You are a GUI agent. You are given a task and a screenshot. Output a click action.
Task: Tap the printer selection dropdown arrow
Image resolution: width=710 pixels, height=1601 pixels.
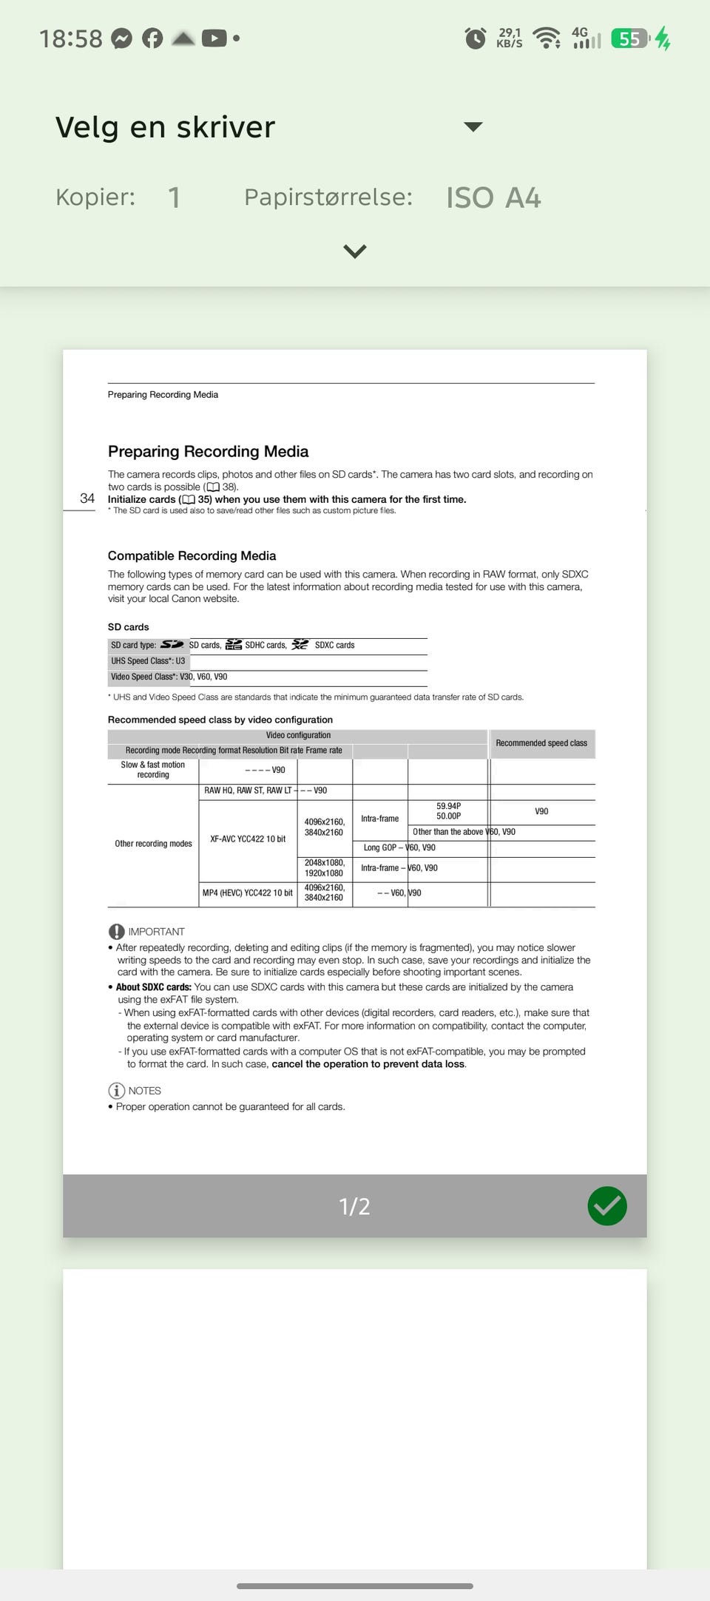tap(473, 126)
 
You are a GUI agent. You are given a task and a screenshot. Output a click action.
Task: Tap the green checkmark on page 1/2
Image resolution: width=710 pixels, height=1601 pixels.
tap(607, 1205)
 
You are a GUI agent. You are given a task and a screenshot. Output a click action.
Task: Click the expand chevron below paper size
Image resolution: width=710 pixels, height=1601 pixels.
tap(355, 251)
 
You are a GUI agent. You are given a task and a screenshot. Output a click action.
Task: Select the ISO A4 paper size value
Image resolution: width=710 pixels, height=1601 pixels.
tap(493, 197)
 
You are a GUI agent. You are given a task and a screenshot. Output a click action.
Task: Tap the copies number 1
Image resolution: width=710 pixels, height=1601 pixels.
tap(174, 197)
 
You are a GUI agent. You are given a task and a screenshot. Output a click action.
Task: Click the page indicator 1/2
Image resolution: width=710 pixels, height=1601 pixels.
tap(354, 1206)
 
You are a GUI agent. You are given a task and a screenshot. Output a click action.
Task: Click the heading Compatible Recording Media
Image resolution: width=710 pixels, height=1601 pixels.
tap(192, 555)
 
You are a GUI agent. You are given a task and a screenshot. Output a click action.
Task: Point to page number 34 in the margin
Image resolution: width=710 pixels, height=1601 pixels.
tap(87, 498)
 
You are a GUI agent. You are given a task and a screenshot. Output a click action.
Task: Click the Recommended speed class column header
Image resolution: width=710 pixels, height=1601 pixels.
tap(541, 743)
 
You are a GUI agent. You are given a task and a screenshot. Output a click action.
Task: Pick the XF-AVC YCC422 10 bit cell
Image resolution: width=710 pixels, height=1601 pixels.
tap(248, 839)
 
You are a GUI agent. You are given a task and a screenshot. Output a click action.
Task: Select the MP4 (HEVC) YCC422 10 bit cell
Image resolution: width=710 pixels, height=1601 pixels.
tap(248, 893)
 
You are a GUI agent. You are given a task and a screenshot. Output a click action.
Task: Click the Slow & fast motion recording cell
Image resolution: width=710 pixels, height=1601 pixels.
tap(153, 770)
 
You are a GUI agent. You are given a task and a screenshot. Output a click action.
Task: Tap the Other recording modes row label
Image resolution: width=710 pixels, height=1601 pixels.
tap(153, 844)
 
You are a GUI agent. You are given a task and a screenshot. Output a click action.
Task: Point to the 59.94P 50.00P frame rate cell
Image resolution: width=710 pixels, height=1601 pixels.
tap(448, 811)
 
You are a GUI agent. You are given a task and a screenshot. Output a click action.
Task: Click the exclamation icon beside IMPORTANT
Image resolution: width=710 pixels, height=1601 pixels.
tap(116, 932)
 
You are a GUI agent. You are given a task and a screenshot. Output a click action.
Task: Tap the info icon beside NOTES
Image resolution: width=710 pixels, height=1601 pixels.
tap(116, 1091)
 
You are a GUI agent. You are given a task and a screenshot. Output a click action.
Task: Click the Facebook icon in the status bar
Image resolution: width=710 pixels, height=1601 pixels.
tap(152, 38)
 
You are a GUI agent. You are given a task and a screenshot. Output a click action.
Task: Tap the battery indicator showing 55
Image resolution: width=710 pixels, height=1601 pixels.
tap(630, 38)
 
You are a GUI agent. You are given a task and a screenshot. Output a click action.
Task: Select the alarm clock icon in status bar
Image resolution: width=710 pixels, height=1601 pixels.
tap(475, 38)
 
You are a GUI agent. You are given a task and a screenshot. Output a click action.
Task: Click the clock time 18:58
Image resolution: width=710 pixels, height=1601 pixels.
tap(71, 38)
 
